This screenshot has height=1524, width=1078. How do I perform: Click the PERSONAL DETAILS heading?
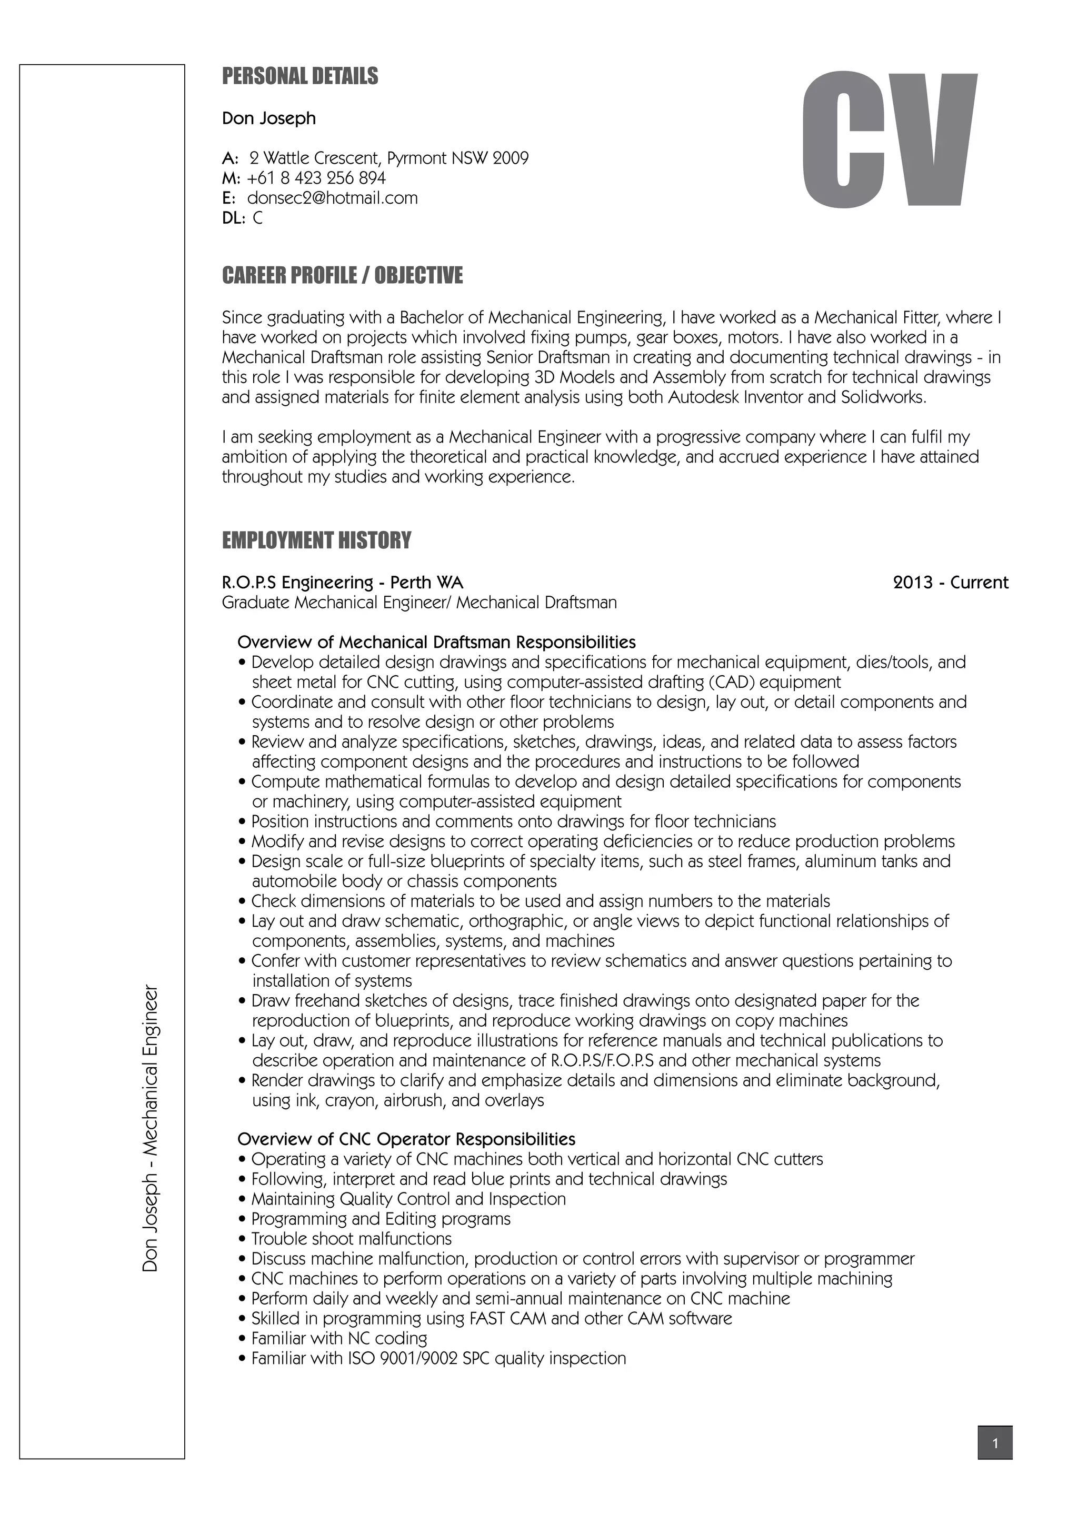(300, 76)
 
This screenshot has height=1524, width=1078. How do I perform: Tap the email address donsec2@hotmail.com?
(332, 198)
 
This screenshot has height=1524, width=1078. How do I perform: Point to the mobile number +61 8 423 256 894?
(315, 178)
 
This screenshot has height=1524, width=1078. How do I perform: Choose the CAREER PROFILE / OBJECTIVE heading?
(342, 275)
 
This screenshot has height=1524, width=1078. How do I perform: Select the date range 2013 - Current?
(950, 583)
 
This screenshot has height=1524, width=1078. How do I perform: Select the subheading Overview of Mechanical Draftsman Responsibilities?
(436, 643)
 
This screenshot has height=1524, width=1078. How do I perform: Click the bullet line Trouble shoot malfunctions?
(351, 1239)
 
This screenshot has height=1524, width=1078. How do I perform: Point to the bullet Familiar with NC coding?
(338, 1338)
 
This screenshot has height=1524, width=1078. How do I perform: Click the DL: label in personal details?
(234, 218)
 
